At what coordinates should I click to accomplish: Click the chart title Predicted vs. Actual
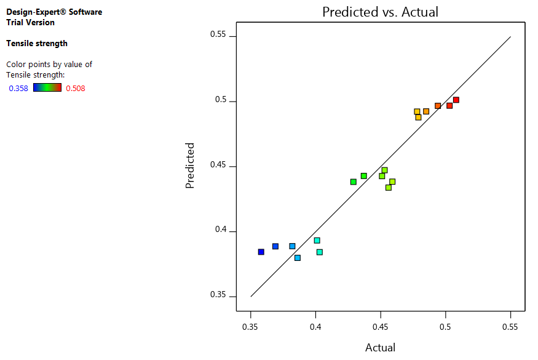pyautogui.click(x=381, y=12)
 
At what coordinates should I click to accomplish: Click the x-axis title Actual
pyautogui.click(x=381, y=348)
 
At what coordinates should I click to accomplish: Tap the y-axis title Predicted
pyautogui.click(x=190, y=166)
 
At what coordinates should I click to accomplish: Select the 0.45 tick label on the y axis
pyautogui.click(x=219, y=166)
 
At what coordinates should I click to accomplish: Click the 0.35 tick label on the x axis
pyautogui.click(x=251, y=326)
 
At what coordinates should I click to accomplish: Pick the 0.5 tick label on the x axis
pyautogui.click(x=446, y=326)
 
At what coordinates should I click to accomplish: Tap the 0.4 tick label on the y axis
pyautogui.click(x=221, y=231)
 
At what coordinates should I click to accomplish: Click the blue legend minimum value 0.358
pyautogui.click(x=18, y=89)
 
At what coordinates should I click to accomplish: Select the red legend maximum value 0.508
pyautogui.click(x=76, y=89)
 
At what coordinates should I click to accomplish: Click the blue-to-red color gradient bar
pyautogui.click(x=47, y=88)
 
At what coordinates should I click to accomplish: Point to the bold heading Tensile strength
pyautogui.click(x=37, y=44)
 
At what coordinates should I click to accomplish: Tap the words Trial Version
pyautogui.click(x=30, y=23)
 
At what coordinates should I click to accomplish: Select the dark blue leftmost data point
pyautogui.click(x=261, y=252)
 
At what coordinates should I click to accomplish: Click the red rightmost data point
pyautogui.click(x=456, y=100)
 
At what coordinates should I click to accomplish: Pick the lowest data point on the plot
pyautogui.click(x=298, y=258)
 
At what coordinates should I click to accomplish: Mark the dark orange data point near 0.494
pyautogui.click(x=438, y=106)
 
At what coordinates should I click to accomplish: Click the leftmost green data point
pyautogui.click(x=354, y=182)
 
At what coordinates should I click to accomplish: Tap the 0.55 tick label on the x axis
pyautogui.click(x=510, y=326)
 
